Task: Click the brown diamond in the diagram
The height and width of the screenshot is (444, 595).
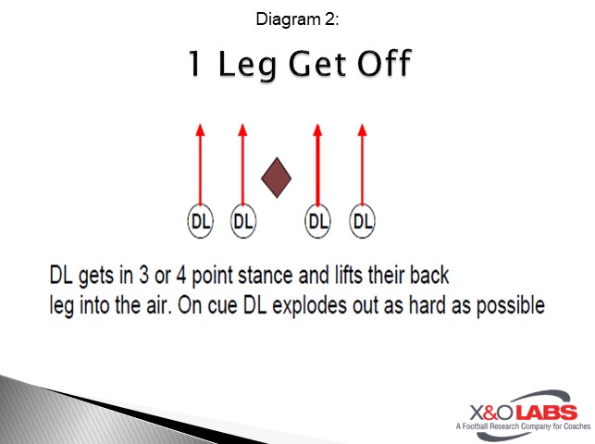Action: click(277, 178)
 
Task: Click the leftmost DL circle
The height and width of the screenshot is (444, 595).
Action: click(200, 221)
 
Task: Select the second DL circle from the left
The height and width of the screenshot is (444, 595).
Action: click(242, 221)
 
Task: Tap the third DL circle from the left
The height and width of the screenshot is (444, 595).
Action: click(317, 221)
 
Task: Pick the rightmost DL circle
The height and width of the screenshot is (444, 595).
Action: click(363, 221)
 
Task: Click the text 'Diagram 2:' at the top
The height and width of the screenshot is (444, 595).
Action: click(297, 18)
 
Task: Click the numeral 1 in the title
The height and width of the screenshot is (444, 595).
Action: click(196, 65)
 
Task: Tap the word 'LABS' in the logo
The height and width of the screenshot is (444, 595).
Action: click(544, 413)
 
